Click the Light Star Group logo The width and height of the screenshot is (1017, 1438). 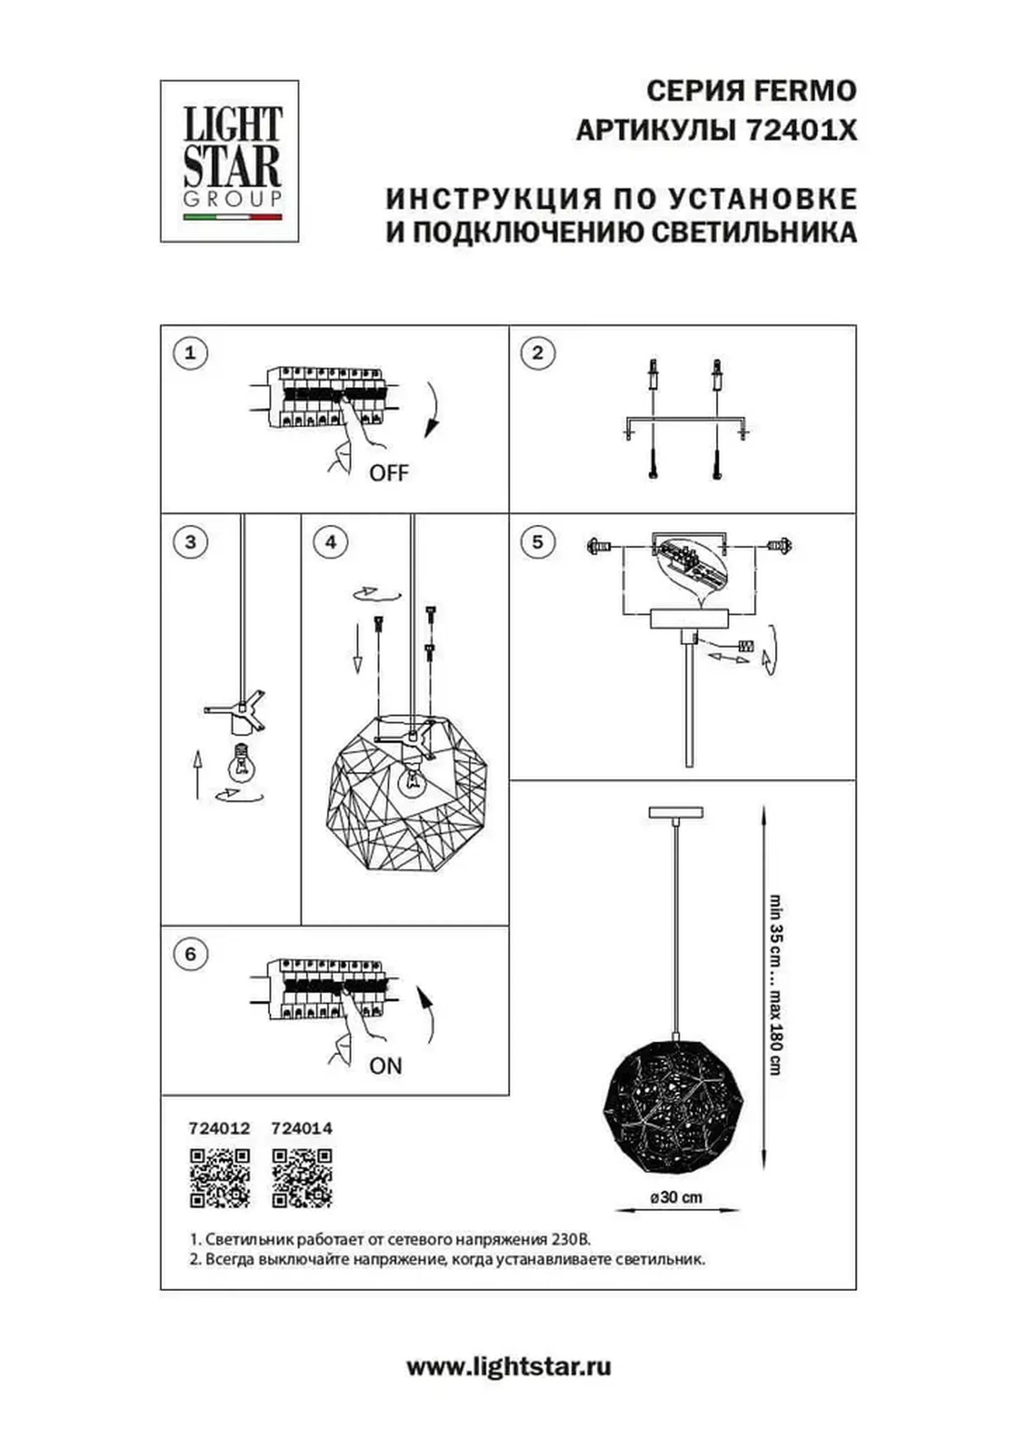point(229,161)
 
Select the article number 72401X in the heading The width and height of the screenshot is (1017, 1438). point(801,132)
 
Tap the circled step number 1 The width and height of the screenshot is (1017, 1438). point(190,353)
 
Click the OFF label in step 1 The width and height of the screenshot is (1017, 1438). point(388,473)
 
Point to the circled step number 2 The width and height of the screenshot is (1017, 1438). point(537,353)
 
